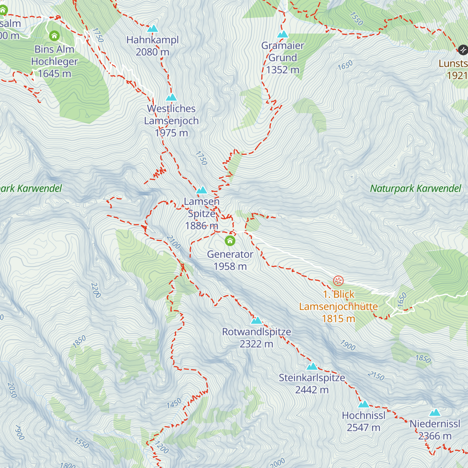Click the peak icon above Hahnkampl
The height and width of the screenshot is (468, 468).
point(152,28)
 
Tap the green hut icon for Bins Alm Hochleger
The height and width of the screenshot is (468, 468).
point(54,36)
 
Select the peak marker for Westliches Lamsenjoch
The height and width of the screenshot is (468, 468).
point(171,97)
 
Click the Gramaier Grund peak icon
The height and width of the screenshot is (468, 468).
point(282,34)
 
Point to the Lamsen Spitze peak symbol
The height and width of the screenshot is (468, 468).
point(202,190)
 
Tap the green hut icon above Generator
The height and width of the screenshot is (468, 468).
point(230,241)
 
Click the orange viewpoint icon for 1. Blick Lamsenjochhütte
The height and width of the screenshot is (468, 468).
point(338,281)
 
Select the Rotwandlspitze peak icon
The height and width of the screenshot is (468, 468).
point(256,321)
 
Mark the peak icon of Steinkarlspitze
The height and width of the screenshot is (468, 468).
point(312,367)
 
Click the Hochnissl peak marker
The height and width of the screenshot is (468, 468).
point(363,404)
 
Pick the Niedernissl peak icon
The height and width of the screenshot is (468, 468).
point(435,413)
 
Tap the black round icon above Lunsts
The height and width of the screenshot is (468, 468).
point(463,50)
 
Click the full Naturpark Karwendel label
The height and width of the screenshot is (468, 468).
point(415,189)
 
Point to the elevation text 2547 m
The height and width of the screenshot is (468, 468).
point(363,428)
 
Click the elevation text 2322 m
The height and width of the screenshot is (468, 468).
point(256,344)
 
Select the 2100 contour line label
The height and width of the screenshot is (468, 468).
point(174,242)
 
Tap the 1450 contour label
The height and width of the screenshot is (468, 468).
point(174,403)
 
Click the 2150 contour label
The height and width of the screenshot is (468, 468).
point(376,376)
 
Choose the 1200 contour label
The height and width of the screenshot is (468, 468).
point(161,447)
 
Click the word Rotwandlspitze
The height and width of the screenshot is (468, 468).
point(256,332)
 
